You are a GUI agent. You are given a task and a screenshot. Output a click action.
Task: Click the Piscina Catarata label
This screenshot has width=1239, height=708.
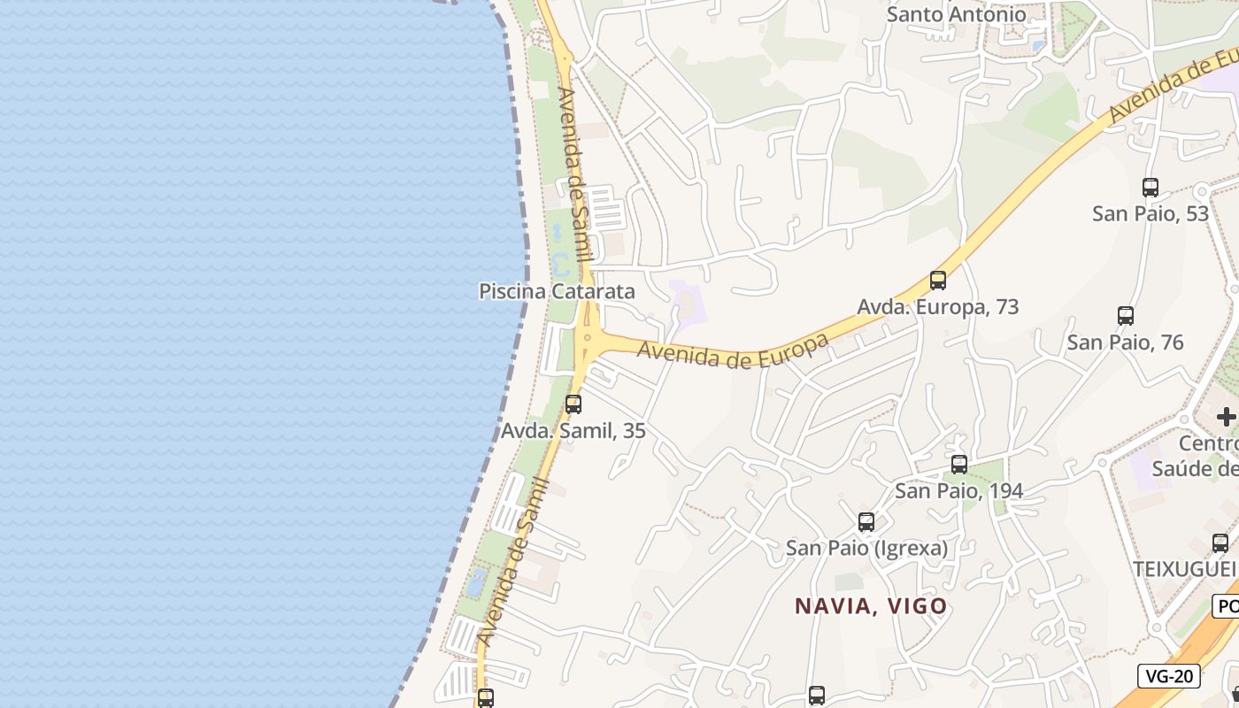[x=557, y=291]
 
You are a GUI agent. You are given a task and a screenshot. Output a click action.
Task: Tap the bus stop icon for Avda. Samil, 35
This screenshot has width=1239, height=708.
[x=573, y=404]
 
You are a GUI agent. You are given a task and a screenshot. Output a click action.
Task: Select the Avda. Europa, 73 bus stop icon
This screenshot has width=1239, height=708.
[x=938, y=281]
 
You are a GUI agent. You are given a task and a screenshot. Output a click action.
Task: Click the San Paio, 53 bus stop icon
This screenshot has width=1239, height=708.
[x=1150, y=188]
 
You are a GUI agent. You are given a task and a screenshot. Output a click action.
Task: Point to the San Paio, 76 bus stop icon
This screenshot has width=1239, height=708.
[x=1126, y=316]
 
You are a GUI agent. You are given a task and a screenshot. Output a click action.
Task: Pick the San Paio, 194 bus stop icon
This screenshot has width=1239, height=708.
[x=959, y=465]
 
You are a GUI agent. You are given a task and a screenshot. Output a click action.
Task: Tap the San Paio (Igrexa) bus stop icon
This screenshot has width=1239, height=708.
[x=866, y=522]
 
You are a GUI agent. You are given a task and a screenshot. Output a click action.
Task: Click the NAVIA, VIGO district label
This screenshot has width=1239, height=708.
[x=871, y=606]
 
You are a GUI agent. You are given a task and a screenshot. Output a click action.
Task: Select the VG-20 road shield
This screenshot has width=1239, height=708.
[x=1169, y=677]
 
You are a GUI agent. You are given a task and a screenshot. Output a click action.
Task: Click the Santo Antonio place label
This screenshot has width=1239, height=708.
[x=957, y=14]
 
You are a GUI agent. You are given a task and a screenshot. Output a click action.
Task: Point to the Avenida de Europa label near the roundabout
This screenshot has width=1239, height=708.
[x=733, y=351]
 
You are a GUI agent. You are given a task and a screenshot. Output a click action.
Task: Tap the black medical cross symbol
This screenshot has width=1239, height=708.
[x=1226, y=416]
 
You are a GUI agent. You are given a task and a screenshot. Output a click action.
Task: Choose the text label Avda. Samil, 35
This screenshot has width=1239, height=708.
[x=573, y=431]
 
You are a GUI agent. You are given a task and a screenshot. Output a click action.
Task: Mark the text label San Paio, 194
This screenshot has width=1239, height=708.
[x=959, y=490]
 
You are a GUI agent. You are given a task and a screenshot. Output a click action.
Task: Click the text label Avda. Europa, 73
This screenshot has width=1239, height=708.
[x=938, y=307]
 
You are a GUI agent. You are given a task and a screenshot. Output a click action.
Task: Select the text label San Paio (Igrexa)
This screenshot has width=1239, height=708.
[x=867, y=548]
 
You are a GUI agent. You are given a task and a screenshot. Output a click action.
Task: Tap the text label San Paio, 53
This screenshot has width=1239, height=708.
[x=1150, y=213]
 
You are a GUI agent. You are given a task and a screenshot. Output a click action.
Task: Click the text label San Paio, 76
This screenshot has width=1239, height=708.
[x=1125, y=342]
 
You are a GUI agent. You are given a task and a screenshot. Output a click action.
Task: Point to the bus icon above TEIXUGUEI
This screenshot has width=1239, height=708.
[x=1220, y=543]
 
